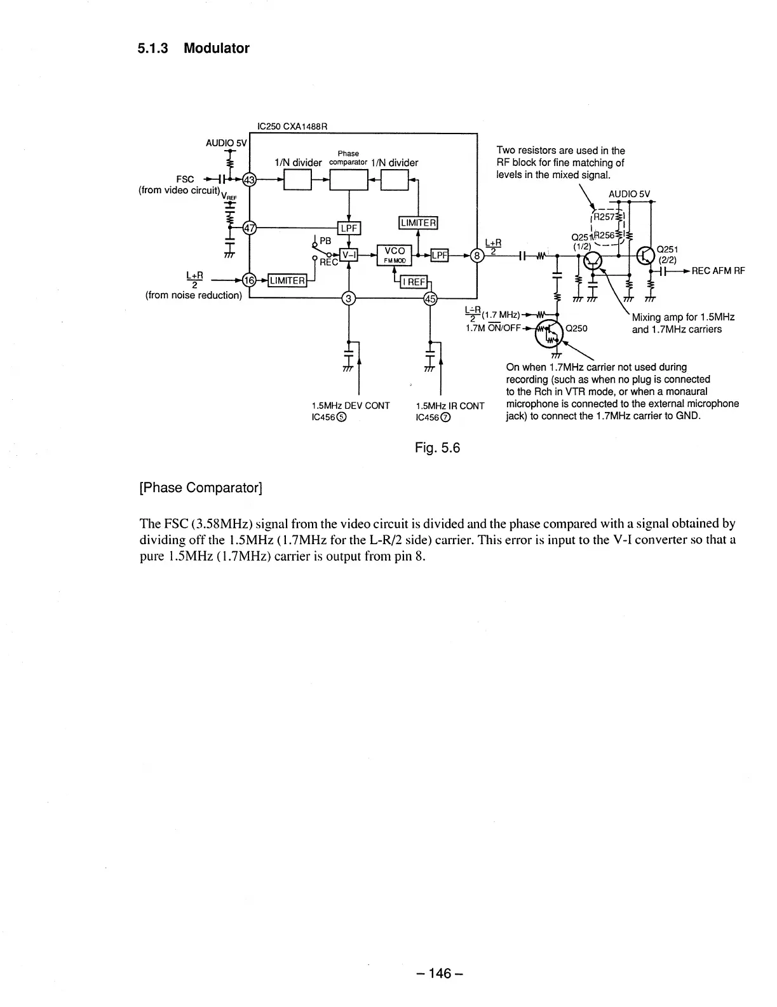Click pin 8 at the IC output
click(x=475, y=256)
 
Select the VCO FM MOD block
click(x=395, y=255)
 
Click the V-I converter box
click(x=349, y=256)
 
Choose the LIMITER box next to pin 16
click(x=288, y=280)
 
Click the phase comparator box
click(x=348, y=181)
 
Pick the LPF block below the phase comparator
click(x=348, y=228)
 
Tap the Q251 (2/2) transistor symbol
click(x=645, y=256)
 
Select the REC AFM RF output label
click(x=717, y=271)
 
